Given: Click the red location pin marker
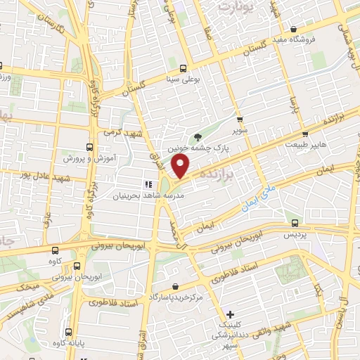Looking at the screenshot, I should (x=181, y=166).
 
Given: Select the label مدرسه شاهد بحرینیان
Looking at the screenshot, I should (x=149, y=195).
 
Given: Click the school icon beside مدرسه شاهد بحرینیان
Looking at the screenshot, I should (x=148, y=184).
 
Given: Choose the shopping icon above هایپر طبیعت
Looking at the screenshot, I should (x=305, y=132).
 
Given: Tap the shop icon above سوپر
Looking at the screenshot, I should (x=240, y=120).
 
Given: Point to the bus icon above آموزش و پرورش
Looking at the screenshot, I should (x=89, y=147).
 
